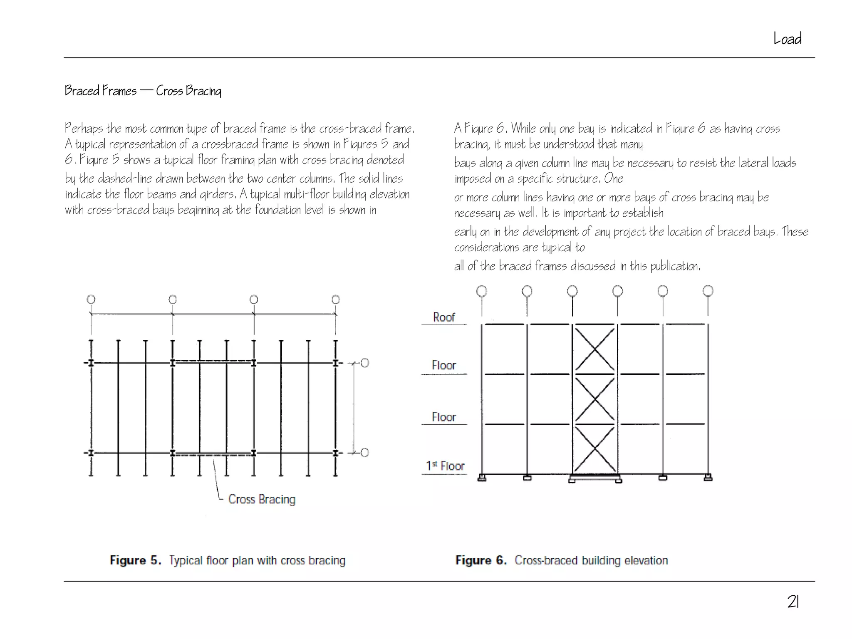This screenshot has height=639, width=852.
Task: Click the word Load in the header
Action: pos(787,39)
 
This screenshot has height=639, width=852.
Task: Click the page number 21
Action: pos(793,602)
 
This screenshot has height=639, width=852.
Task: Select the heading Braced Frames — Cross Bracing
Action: pos(143,91)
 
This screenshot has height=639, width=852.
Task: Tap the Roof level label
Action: pos(444,317)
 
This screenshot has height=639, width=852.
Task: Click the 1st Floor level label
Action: pos(445,466)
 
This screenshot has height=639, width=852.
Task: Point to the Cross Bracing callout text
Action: pos(262,499)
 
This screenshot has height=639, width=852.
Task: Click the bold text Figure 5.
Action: pos(135,560)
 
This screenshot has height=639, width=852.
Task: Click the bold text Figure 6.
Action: pos(481,560)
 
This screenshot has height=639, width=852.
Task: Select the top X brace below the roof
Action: pos(595,349)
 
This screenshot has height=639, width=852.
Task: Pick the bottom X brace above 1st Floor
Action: pos(595,448)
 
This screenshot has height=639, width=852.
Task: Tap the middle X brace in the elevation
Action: pos(595,399)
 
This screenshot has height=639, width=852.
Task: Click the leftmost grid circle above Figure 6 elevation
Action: pos(482,291)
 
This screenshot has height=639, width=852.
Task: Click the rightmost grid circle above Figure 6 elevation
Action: pos(708,291)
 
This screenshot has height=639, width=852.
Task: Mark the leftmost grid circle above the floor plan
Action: pos(91,300)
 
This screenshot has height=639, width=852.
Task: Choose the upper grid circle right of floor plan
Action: pos(364,363)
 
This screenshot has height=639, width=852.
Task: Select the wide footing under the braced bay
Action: pos(595,478)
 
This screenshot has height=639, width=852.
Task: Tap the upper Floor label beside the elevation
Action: pos(444,365)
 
